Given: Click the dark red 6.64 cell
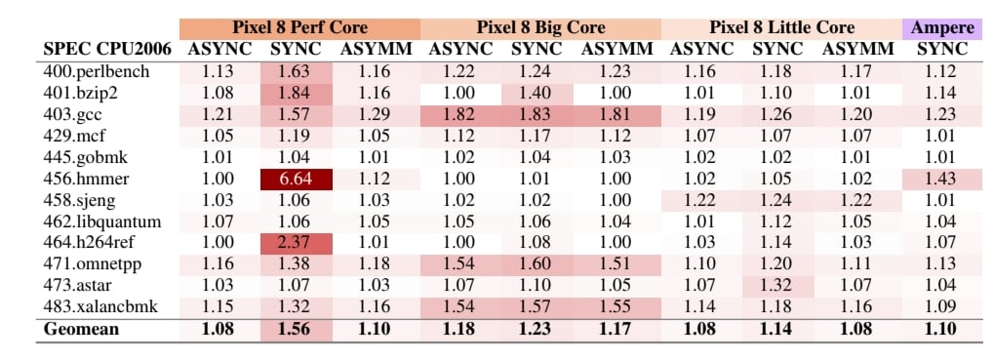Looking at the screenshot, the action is pos(296,180).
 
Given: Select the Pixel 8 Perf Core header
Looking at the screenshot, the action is pos(299,28).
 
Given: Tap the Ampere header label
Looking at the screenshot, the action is pos(942,28).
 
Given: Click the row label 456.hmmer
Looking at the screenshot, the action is pos(86,180).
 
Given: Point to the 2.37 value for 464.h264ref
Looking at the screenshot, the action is pos(296,243).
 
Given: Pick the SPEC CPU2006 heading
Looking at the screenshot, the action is pos(107,50).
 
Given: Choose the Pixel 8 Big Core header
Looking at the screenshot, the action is pos(540,28).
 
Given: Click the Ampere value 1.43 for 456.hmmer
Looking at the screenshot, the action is pos(942,180).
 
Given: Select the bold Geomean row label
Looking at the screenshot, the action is pos(81,330).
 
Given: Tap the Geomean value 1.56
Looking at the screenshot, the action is pos(296,330).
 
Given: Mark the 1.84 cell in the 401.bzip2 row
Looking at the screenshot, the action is pos(296,94).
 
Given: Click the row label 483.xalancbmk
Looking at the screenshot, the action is pos(100,307).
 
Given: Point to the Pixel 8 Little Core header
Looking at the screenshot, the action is pos(781,28).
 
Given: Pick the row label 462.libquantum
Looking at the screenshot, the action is pos(102,222).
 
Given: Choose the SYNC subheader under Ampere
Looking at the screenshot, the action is pos(942,50).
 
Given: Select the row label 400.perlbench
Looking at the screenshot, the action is pos(97,72).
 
